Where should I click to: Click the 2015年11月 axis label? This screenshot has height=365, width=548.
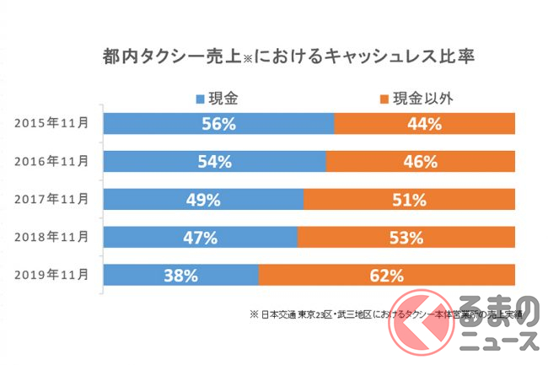pyautogui.click(x=51, y=123)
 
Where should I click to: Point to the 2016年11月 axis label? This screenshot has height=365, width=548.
pyautogui.click(x=51, y=161)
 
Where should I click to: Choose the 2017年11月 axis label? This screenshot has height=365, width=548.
pyautogui.click(x=51, y=199)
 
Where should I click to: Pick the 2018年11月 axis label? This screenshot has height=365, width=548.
pyautogui.click(x=51, y=237)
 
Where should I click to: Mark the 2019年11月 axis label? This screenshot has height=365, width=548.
pyautogui.click(x=51, y=275)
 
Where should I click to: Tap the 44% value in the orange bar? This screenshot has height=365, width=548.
pyautogui.click(x=424, y=124)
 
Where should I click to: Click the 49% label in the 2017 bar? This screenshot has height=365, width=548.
pyautogui.click(x=202, y=200)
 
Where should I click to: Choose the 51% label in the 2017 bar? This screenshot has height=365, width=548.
pyautogui.click(x=408, y=200)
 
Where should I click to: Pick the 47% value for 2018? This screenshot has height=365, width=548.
pyautogui.click(x=199, y=238)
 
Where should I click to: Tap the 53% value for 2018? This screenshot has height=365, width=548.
pyautogui.click(x=406, y=238)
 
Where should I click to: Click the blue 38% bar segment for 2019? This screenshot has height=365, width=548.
pyautogui.click(x=180, y=275)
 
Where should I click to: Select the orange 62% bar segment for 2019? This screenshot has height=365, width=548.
pyautogui.click(x=386, y=275)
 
